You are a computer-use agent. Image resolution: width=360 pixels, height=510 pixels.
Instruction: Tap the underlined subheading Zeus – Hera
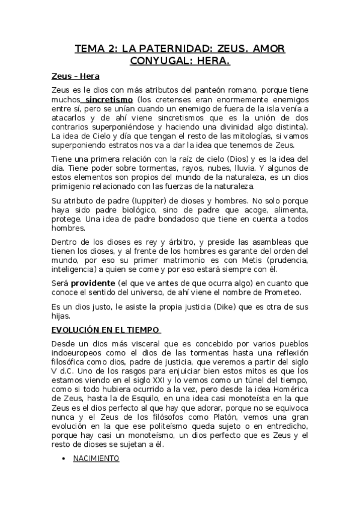click(76, 76)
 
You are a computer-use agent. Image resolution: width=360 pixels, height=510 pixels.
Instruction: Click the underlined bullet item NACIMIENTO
click(96, 458)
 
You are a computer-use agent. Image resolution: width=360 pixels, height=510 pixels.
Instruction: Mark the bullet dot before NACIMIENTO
click(64, 459)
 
